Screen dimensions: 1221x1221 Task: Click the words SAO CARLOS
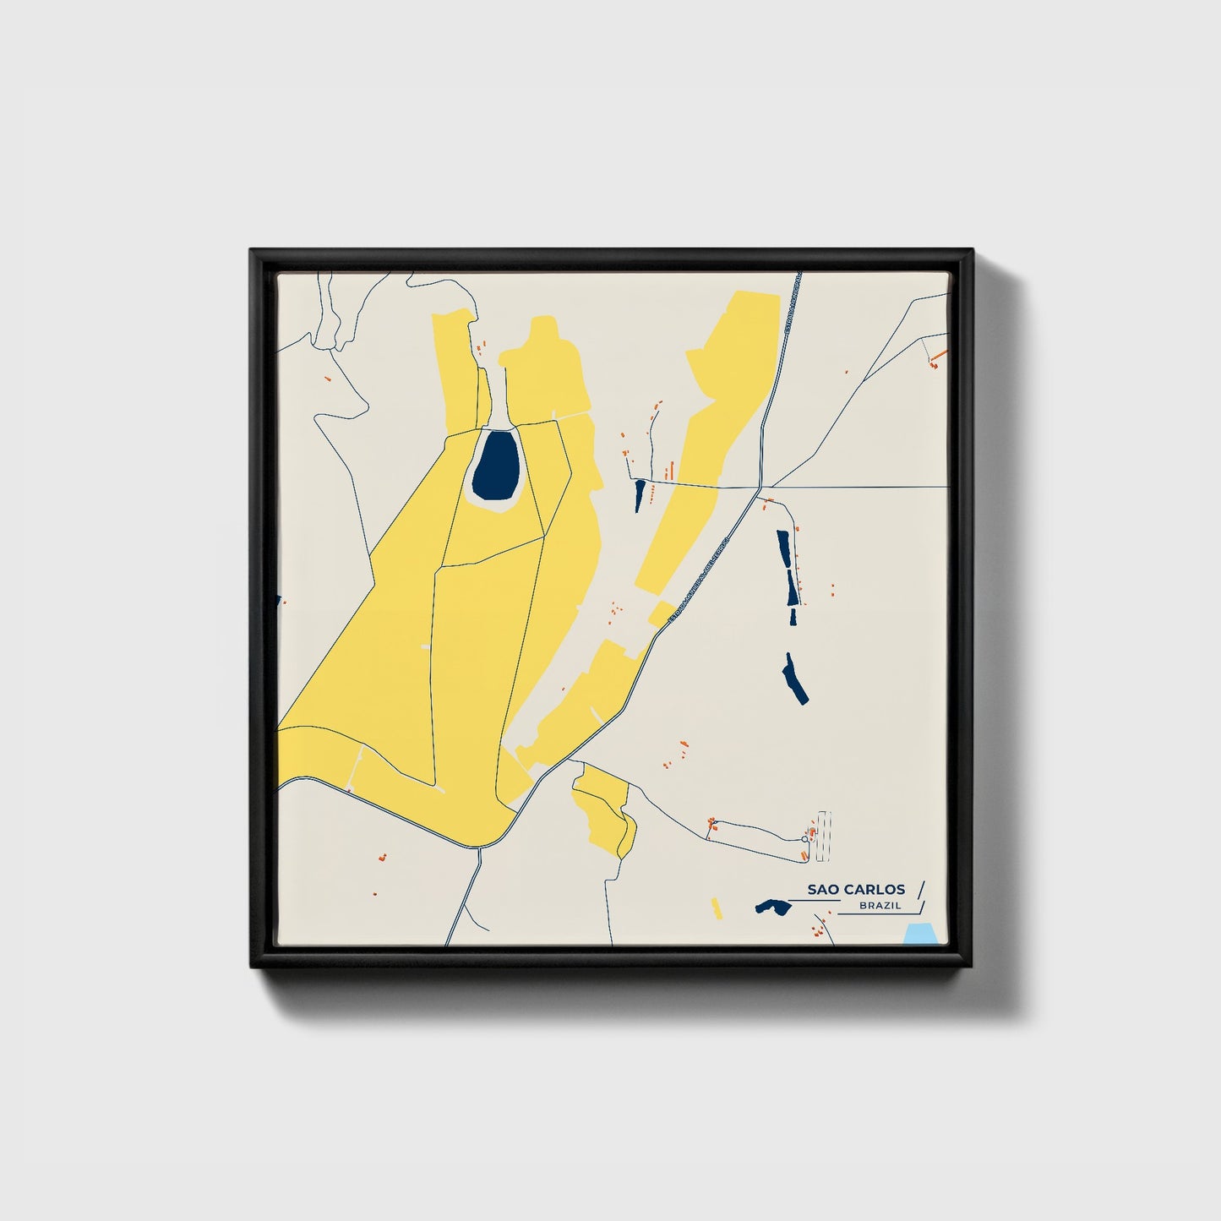[855, 889]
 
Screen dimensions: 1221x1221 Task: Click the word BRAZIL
[880, 906]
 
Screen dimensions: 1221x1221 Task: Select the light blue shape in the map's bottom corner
[918, 934]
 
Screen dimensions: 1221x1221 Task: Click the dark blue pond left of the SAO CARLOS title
[772, 907]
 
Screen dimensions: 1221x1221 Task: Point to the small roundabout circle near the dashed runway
[804, 839]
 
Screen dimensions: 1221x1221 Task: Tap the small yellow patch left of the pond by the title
[717, 908]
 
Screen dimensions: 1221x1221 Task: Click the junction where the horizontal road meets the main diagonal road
[761, 488]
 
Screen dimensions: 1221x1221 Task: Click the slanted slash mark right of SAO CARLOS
[920, 889]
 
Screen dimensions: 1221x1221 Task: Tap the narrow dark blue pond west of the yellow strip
[640, 495]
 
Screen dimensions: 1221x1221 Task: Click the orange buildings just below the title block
[817, 933]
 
